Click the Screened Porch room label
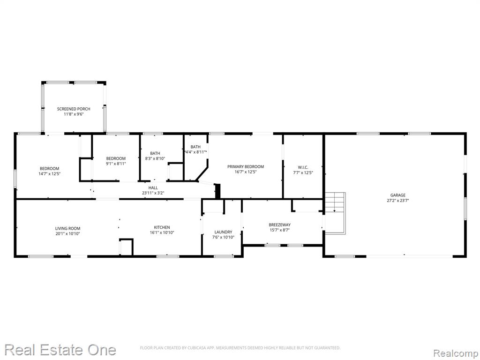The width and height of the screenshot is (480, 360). pyautogui.click(x=74, y=109)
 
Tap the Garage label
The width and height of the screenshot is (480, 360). pyautogui.click(x=397, y=195)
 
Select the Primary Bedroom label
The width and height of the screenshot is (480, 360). pyautogui.click(x=246, y=167)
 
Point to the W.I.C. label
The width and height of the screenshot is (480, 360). pyautogui.click(x=303, y=167)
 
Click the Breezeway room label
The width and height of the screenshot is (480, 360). pyautogui.click(x=279, y=225)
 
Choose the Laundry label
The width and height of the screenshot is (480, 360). pyautogui.click(x=223, y=232)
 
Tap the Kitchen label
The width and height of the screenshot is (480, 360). pyautogui.click(x=162, y=227)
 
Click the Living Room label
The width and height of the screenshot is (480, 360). pyautogui.click(x=67, y=228)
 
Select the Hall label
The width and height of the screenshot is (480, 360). pyautogui.click(x=153, y=188)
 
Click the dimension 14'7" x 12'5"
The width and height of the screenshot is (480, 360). pyautogui.click(x=49, y=174)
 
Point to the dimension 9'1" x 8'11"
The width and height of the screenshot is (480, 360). pyautogui.click(x=116, y=164)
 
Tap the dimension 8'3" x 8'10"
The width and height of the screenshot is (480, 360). pyautogui.click(x=155, y=158)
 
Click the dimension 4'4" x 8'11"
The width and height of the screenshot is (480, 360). pyautogui.click(x=195, y=152)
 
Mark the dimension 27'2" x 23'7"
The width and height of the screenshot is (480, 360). pyautogui.click(x=397, y=201)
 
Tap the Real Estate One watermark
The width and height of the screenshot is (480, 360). pyautogui.click(x=60, y=350)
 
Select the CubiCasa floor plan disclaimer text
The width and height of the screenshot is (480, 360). pyautogui.click(x=240, y=348)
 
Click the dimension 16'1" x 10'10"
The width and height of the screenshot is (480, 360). pyautogui.click(x=162, y=233)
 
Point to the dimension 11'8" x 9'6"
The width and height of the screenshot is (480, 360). pyautogui.click(x=74, y=114)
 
